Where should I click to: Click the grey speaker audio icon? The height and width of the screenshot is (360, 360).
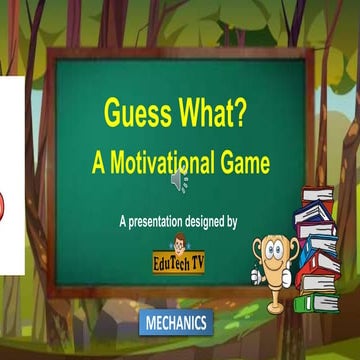click(179, 181)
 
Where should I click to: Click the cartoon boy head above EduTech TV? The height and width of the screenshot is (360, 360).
click(180, 245)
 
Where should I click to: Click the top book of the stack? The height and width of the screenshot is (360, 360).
click(317, 195)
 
